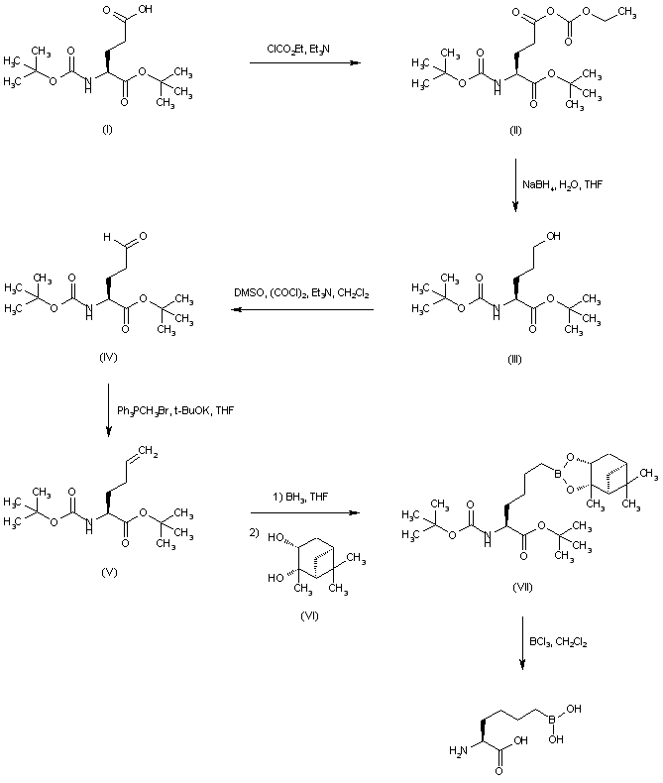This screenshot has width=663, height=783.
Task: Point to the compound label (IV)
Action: click(109, 357)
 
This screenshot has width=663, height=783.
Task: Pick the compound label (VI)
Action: click(307, 615)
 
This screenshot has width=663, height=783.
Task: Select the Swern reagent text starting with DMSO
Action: click(303, 294)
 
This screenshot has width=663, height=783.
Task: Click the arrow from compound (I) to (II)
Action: click(303, 64)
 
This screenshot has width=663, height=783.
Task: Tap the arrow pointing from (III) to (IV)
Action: click(302, 310)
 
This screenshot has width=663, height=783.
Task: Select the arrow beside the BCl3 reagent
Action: click(522, 644)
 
